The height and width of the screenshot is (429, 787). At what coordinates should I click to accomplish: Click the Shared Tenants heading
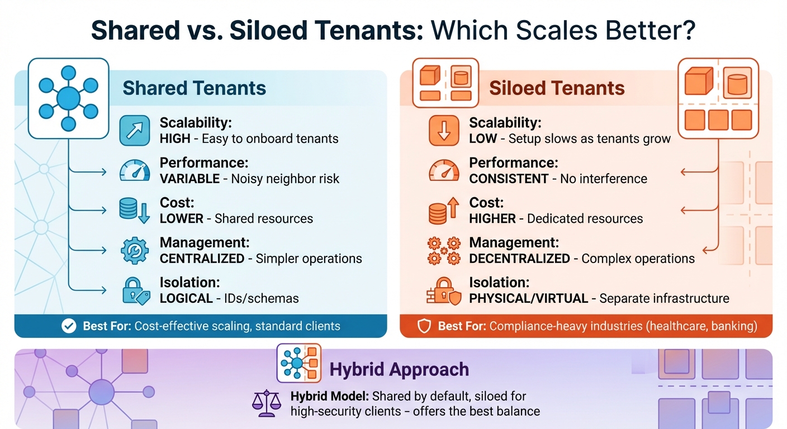tap(194, 88)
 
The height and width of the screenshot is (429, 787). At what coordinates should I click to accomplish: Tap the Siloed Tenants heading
tap(557, 88)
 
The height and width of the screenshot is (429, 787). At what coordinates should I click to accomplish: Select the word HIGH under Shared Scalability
tap(175, 139)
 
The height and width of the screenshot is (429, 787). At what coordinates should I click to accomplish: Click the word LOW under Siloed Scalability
tap(483, 139)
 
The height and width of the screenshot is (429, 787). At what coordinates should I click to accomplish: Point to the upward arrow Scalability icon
tap(135, 131)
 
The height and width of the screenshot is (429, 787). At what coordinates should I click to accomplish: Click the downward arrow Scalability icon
tap(444, 131)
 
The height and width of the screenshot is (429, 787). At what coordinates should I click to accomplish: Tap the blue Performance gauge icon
tap(135, 171)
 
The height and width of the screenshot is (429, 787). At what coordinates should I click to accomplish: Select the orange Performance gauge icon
tap(444, 171)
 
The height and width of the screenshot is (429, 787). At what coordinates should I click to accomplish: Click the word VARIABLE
tap(189, 179)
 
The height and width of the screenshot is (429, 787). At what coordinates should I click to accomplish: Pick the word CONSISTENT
tap(509, 179)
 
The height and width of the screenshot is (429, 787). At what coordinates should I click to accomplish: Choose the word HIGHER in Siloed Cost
tap(492, 218)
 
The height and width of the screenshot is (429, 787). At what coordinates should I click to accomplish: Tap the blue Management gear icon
tap(135, 251)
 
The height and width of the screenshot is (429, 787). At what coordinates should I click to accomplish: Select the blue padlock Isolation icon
tap(135, 291)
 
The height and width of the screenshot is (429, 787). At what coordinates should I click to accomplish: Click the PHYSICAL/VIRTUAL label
tap(528, 299)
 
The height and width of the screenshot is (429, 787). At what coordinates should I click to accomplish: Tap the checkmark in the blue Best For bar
tap(69, 326)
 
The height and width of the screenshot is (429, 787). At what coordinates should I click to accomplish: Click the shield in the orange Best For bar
tap(425, 326)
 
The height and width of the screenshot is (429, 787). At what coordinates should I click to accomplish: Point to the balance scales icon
tap(266, 403)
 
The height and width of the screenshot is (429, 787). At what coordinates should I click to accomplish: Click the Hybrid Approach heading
tap(399, 369)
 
